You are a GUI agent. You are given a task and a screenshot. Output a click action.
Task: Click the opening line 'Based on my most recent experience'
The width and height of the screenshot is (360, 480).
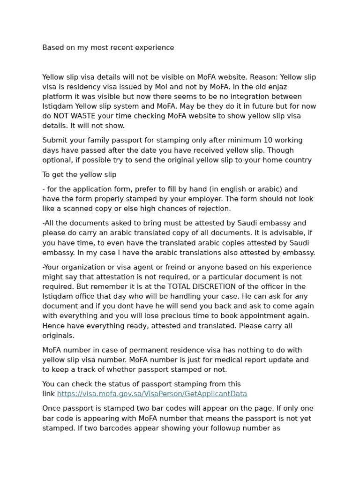tap(108, 47)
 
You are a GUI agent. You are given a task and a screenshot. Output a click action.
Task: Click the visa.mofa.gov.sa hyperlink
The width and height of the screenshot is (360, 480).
tap(152, 394)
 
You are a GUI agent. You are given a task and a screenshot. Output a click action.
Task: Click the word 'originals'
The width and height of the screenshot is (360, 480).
tap(58, 336)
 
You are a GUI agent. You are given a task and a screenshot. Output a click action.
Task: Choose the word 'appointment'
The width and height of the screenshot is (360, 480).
tap(278, 316)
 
